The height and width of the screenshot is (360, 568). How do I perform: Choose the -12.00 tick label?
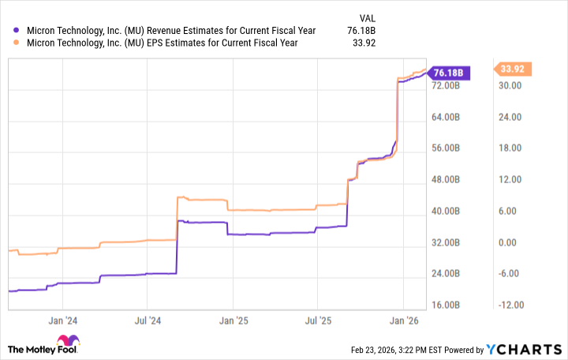512,305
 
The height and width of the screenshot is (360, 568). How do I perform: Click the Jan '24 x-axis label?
62,321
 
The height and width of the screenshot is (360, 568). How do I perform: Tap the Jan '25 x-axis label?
233,321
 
